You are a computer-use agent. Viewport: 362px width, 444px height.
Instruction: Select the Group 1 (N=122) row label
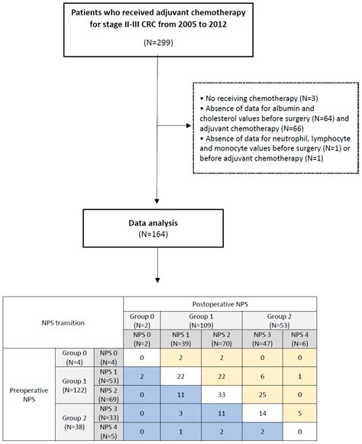(76, 384)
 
